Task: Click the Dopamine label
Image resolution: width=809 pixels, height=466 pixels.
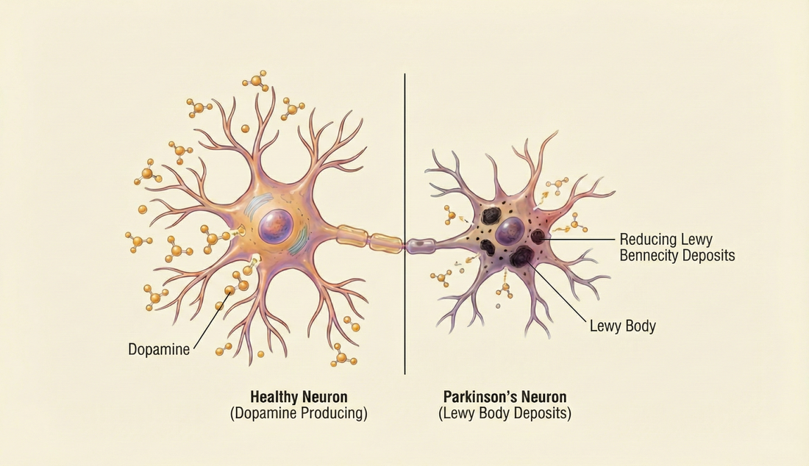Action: point(158,349)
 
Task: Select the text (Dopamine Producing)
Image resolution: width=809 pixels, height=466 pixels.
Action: point(298,413)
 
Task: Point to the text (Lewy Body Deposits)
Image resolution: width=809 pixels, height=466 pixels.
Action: point(505,413)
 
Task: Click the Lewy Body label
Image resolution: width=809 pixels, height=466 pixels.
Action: point(622,325)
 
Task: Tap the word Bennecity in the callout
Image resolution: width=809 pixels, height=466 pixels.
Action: point(652,256)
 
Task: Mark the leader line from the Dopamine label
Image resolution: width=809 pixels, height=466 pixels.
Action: point(210,318)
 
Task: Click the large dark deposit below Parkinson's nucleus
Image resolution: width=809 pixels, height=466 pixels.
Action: point(523,256)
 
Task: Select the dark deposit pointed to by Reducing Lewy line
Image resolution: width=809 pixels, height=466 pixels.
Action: point(539,236)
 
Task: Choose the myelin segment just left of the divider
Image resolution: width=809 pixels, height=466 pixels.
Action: point(384,242)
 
